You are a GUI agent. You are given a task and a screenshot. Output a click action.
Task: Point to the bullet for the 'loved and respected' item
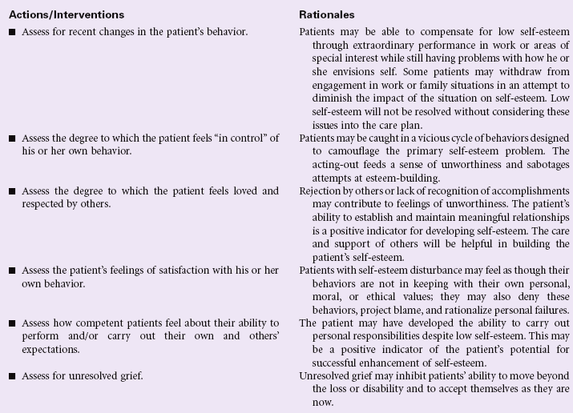[12, 192]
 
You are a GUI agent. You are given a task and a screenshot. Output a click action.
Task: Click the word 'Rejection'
[321, 192]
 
